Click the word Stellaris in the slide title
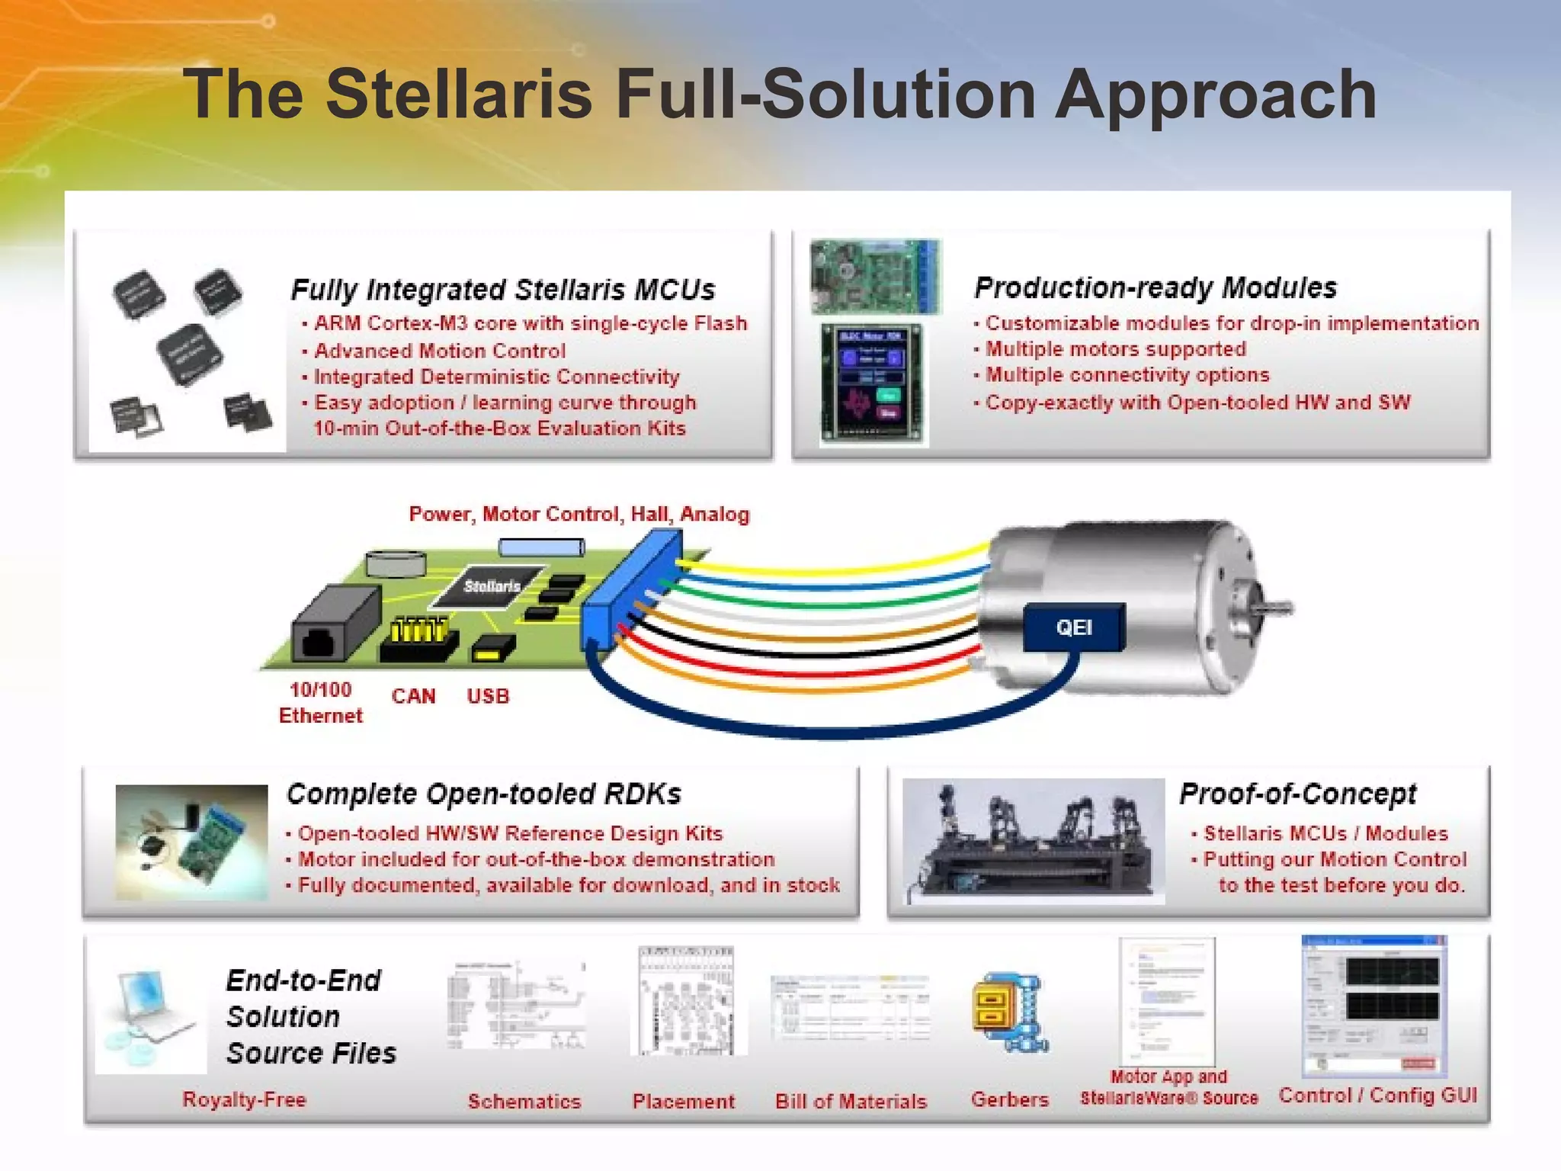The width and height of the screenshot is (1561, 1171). [x=459, y=95]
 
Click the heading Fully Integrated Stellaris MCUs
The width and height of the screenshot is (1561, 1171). [x=503, y=290]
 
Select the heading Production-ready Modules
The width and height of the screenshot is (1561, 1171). [x=1156, y=287]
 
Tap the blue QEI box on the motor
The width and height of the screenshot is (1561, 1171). [x=1074, y=627]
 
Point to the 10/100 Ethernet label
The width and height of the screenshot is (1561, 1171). [x=321, y=702]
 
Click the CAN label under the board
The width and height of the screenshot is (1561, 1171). [x=413, y=696]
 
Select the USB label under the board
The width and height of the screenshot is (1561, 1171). [x=488, y=696]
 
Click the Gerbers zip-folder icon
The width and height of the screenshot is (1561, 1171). [x=1009, y=1011]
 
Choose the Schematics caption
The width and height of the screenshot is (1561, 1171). [x=524, y=1101]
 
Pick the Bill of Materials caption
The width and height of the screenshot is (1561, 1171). [x=851, y=1101]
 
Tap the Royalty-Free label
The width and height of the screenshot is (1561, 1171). [x=244, y=1099]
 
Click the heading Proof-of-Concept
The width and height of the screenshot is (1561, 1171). [x=1297, y=794]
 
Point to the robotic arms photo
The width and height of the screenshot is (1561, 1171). [x=1034, y=841]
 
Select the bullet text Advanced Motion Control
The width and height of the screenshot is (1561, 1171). [x=440, y=351]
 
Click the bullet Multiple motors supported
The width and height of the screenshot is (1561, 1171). [x=1116, y=349]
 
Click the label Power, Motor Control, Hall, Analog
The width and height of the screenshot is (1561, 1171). [x=579, y=514]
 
